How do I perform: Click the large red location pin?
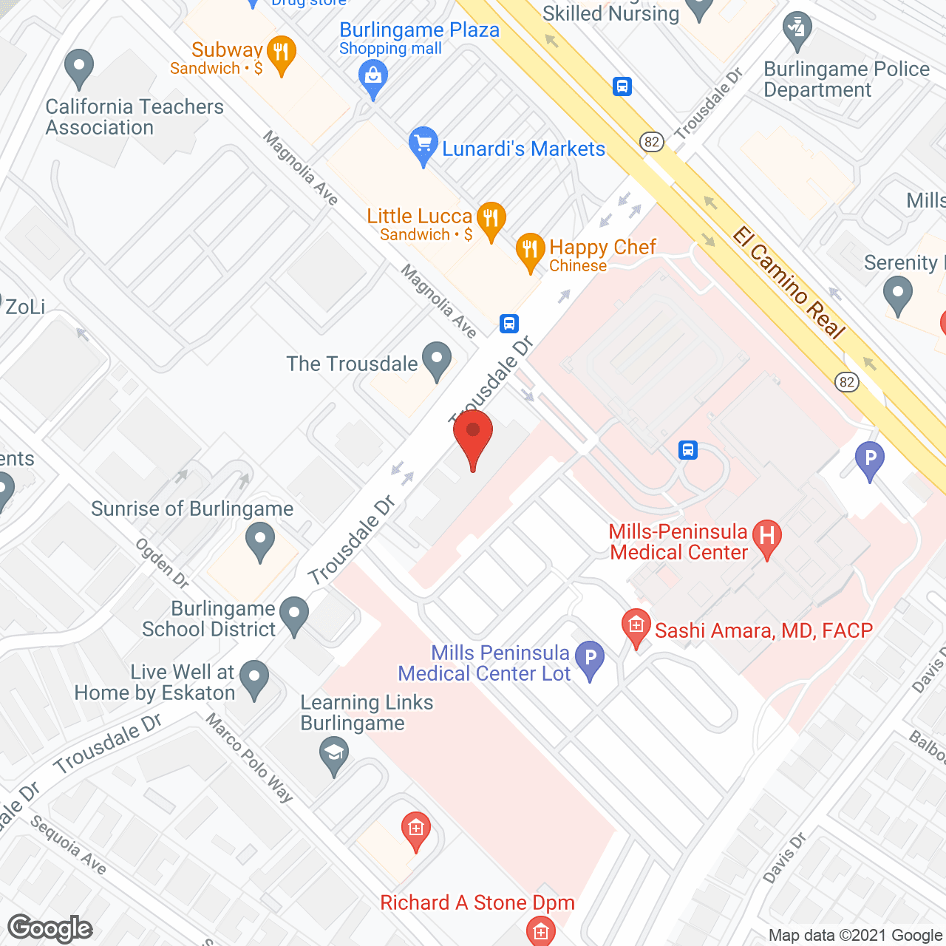pos(473,436)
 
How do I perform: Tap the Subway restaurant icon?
pos(281,53)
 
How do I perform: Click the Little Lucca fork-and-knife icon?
pos(491,220)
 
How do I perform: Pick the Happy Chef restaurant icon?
pos(529,251)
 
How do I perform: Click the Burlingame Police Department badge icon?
pos(797,30)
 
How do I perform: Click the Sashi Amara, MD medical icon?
pos(636,627)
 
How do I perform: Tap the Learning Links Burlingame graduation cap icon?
pos(334,755)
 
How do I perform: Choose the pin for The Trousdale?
pos(437,360)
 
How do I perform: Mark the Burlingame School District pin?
pos(294,615)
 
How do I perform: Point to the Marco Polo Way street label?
pos(249,758)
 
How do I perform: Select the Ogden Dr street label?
pos(162,563)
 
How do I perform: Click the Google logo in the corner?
pos(50,928)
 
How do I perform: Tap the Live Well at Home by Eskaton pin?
pos(255,678)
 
